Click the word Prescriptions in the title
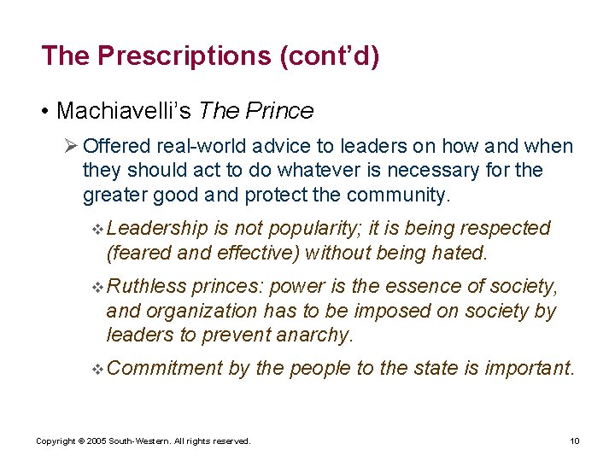click(x=182, y=56)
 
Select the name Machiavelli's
click(x=124, y=111)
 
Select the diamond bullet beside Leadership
click(x=97, y=229)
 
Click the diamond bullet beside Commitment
click(x=97, y=370)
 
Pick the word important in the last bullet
click(x=530, y=369)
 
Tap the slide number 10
click(x=574, y=441)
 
